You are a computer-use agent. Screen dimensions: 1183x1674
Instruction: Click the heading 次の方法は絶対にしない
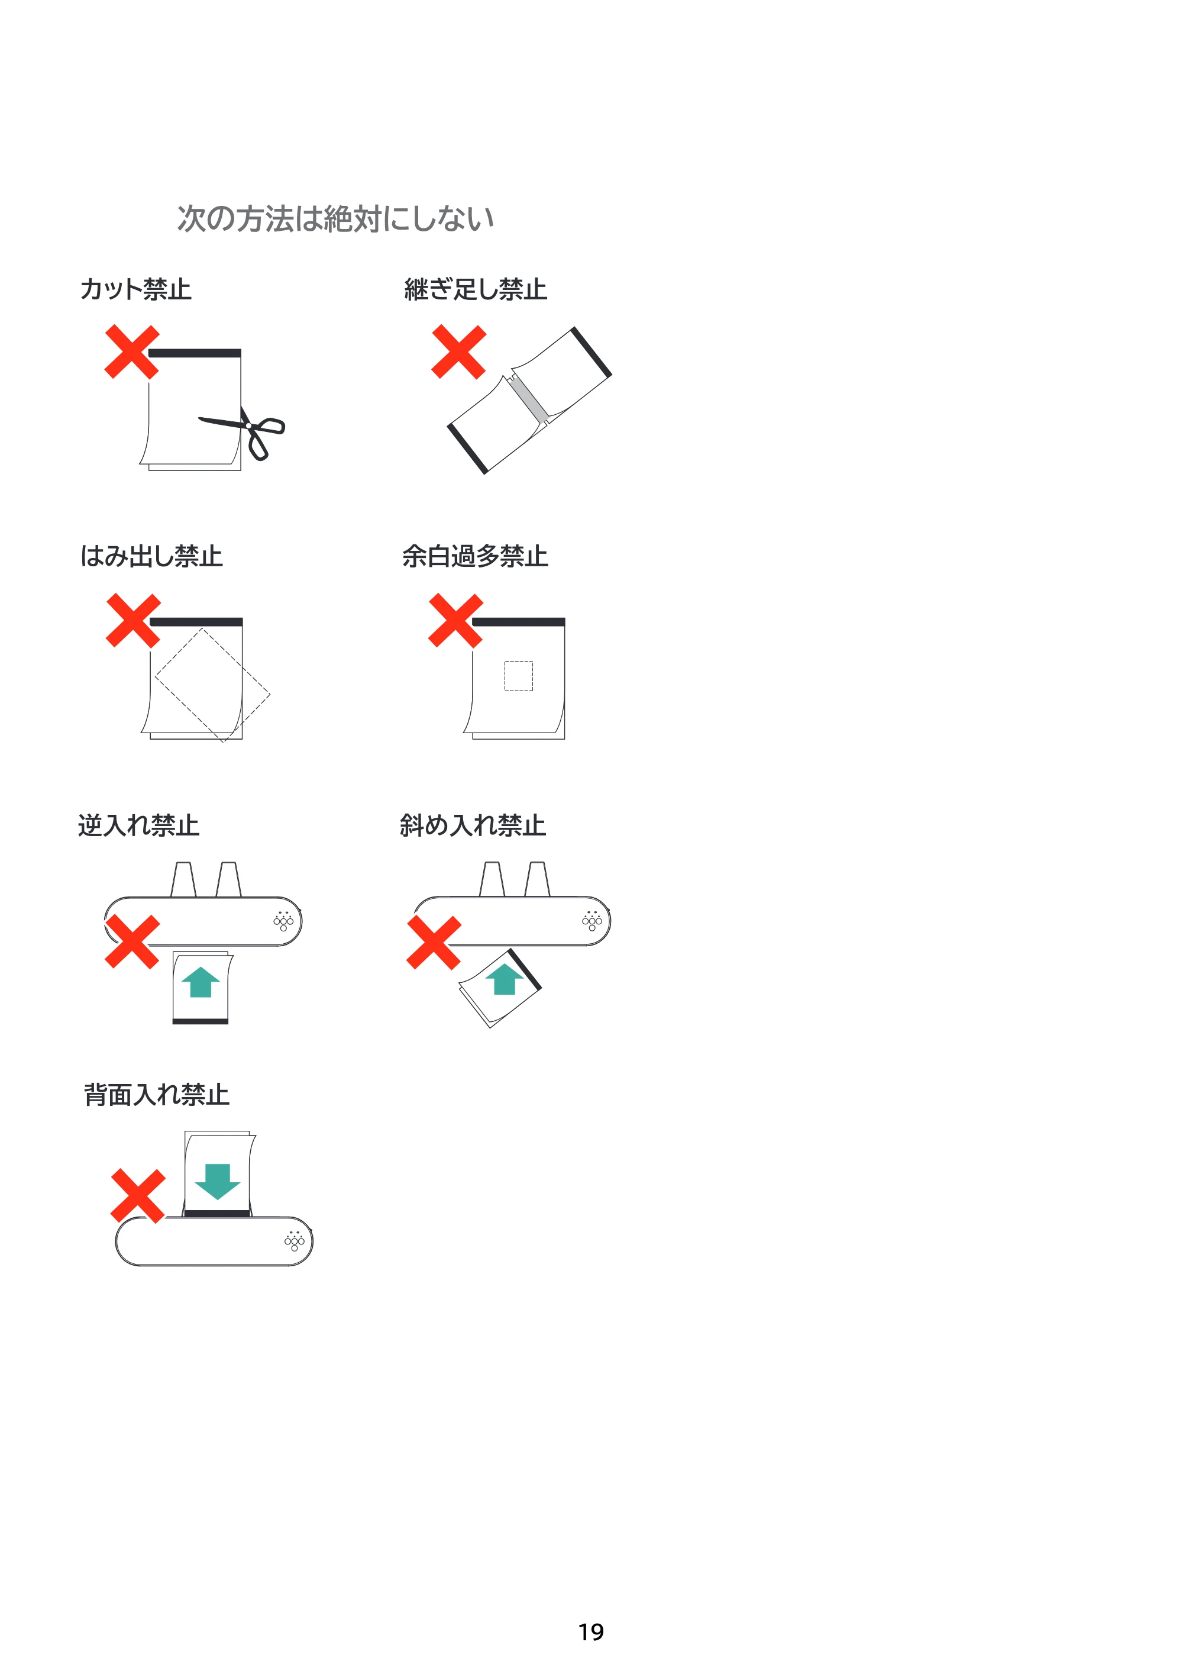point(335,219)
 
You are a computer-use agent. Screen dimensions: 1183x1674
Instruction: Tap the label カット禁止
point(135,289)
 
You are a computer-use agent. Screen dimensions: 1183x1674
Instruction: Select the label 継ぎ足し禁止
point(475,289)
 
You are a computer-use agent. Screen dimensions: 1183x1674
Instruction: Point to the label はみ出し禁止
point(151,556)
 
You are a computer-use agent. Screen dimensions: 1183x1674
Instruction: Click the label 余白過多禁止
point(475,556)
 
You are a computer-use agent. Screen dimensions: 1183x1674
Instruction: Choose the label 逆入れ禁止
point(138,825)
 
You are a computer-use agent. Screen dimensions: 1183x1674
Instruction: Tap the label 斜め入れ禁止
point(473,825)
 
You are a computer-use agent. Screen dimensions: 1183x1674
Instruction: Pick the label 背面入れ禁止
point(157,1094)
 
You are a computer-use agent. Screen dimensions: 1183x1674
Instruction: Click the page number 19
point(591,1632)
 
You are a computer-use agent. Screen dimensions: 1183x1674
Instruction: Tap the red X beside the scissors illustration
point(132,352)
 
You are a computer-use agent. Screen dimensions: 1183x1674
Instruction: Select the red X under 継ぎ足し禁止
point(458,352)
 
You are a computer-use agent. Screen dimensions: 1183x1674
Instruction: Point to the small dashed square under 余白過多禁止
point(518,676)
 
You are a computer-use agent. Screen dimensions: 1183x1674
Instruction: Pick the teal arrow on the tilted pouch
point(505,979)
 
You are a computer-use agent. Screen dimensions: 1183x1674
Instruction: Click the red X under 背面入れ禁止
point(138,1196)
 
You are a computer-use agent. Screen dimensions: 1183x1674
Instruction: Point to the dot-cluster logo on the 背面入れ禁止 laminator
point(295,1241)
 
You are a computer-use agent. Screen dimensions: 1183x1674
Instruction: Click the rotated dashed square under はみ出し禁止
point(212,685)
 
